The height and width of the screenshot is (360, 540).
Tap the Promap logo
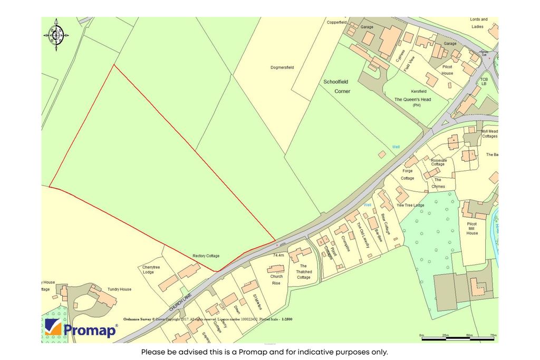81,329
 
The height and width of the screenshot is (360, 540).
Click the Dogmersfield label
285,67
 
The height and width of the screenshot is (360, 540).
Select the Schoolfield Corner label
337,86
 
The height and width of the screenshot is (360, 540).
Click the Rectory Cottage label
206,256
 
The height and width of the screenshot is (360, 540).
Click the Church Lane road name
179,301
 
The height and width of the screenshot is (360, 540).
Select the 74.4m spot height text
278,255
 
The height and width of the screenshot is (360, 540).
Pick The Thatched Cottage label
304,272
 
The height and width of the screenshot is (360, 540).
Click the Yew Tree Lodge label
410,205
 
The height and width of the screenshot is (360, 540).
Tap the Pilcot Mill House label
472,228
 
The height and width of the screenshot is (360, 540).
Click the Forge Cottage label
408,174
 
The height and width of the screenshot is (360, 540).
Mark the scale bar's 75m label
493,335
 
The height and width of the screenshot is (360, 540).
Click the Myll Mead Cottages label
489,134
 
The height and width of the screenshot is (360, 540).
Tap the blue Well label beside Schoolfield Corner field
396,147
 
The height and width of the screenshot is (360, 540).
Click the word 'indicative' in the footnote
309,352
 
